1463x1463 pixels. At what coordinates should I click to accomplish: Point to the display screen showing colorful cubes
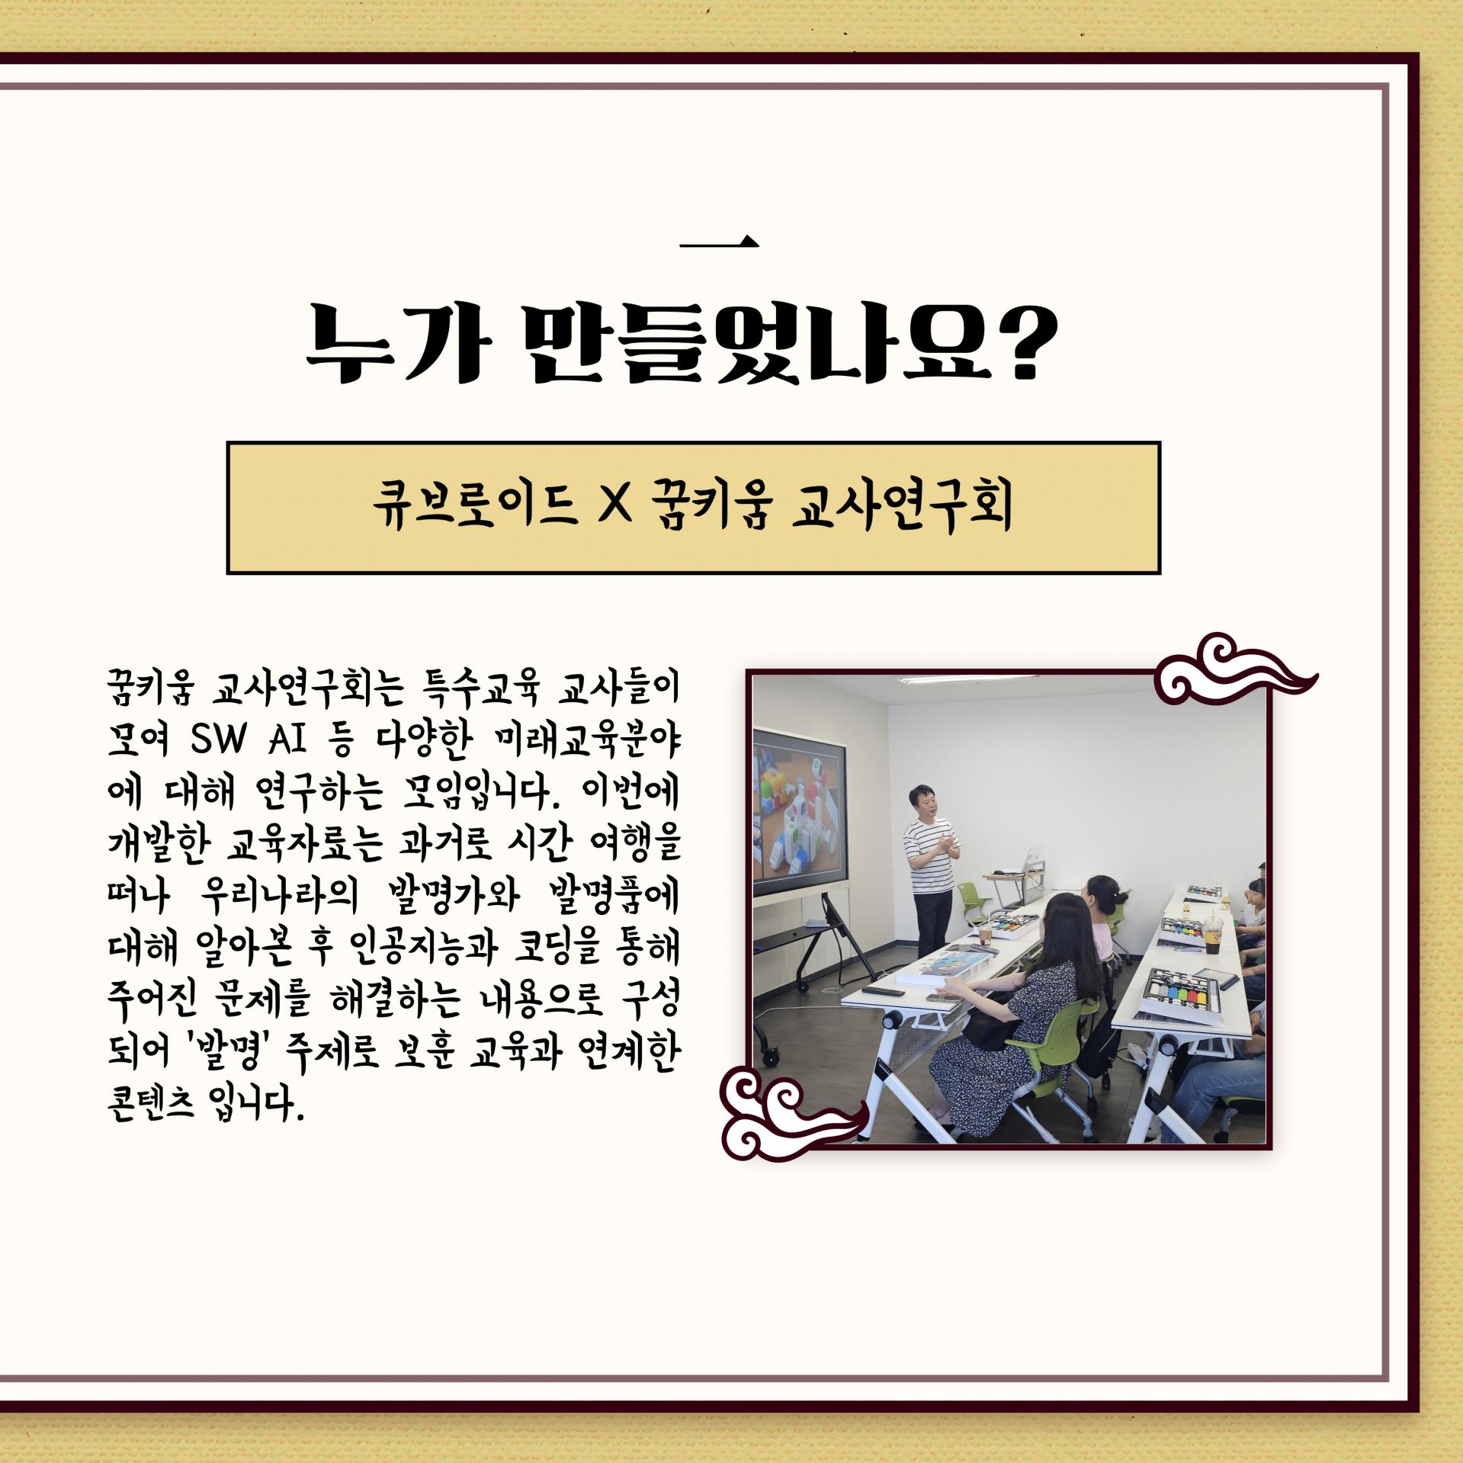coord(799,812)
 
